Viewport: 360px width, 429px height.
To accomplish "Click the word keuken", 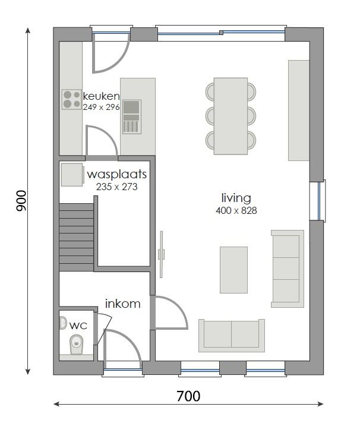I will [x=102, y=96].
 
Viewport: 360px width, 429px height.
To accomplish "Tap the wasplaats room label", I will [x=116, y=175].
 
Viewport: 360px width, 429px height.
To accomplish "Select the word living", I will [x=236, y=198].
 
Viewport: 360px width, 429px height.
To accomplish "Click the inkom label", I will [x=123, y=304].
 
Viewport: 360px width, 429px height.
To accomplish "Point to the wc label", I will [x=78, y=326].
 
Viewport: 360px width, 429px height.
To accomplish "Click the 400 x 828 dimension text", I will [x=236, y=210].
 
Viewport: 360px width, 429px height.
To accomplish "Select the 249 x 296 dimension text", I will [x=102, y=107].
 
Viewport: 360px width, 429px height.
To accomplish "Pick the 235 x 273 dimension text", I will [x=116, y=186].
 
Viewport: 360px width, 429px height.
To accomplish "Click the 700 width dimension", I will [x=188, y=396].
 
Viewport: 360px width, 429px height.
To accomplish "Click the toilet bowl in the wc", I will [x=76, y=344].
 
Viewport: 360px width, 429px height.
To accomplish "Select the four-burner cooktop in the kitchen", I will [x=72, y=99].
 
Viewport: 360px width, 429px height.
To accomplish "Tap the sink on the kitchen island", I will [x=132, y=116].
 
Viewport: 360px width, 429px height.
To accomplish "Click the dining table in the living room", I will [x=230, y=116].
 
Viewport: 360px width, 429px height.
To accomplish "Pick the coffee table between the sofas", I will [x=233, y=270].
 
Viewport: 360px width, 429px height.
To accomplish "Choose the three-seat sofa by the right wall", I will [x=287, y=269].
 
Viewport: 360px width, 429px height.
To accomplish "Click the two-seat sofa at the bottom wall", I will [x=232, y=335].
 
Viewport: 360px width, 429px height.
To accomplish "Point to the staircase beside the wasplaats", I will [x=77, y=236].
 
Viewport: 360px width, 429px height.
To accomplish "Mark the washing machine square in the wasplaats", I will [x=72, y=175].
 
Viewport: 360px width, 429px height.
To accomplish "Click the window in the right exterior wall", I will [x=321, y=201].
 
